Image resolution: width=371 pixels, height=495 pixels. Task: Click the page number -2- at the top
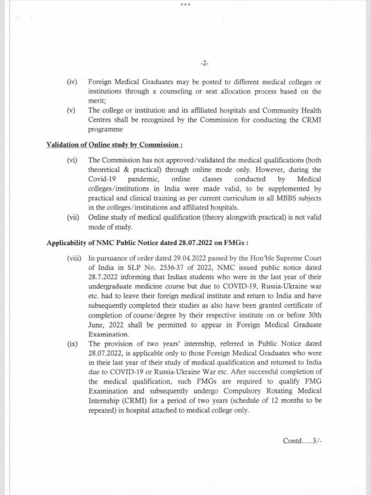(x=204, y=64)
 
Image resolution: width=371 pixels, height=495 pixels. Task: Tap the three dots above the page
(x=185, y=4)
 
